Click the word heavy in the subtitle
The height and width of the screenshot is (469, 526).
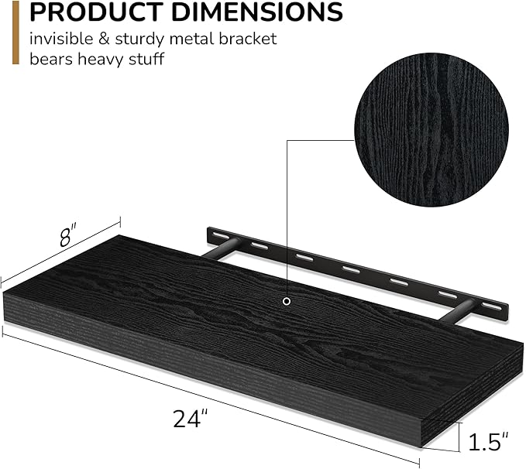coord(101,60)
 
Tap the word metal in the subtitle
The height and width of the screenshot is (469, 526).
coord(193,38)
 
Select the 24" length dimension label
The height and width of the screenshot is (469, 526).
coord(191,419)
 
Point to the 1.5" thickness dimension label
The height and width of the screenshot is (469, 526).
coord(489,442)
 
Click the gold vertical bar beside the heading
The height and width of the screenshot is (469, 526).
coord(12,32)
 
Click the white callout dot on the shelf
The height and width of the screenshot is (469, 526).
coord(287,300)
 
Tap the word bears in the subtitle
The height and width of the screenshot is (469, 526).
coord(55,60)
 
